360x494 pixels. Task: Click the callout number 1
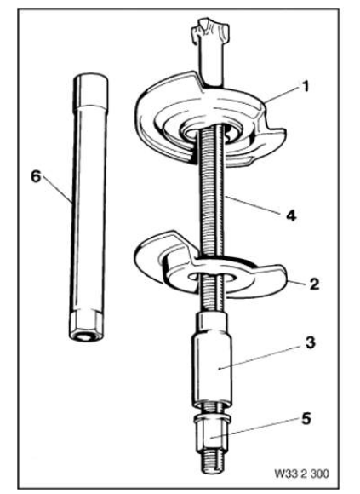pyautogui.click(x=305, y=86)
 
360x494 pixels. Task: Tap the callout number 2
pyautogui.click(x=314, y=284)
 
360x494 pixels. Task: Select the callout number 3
pyautogui.click(x=310, y=342)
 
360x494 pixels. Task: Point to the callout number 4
pyautogui.click(x=291, y=215)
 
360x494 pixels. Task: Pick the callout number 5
pyautogui.click(x=306, y=419)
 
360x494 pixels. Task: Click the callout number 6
pyautogui.click(x=36, y=177)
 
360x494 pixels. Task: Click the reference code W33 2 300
pyautogui.click(x=302, y=474)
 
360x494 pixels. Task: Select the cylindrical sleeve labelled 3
pyautogui.click(x=212, y=359)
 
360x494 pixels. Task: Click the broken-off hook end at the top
pyautogui.click(x=210, y=30)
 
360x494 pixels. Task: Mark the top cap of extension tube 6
pyautogui.click(x=90, y=89)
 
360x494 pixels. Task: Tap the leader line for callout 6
pyautogui.click(x=57, y=189)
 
